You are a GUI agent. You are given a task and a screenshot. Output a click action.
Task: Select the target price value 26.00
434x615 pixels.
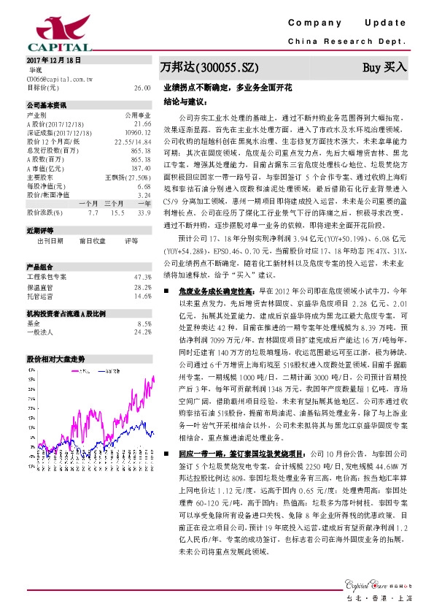pos(142,87)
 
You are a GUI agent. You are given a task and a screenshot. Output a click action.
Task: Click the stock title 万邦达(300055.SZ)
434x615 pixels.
pos(209,68)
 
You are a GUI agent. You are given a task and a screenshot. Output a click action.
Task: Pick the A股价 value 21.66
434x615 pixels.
pos(142,123)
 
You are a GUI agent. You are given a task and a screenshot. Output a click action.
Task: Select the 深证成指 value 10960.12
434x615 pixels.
pos(137,131)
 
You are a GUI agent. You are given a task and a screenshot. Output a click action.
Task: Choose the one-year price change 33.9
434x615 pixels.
pos(144,213)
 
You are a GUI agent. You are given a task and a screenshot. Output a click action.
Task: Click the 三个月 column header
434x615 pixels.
pos(114,203)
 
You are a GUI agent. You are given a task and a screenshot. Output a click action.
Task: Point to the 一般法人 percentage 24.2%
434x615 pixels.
pos(142,332)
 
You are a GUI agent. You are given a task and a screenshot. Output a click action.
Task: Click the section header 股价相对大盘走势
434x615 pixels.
pos(55,359)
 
